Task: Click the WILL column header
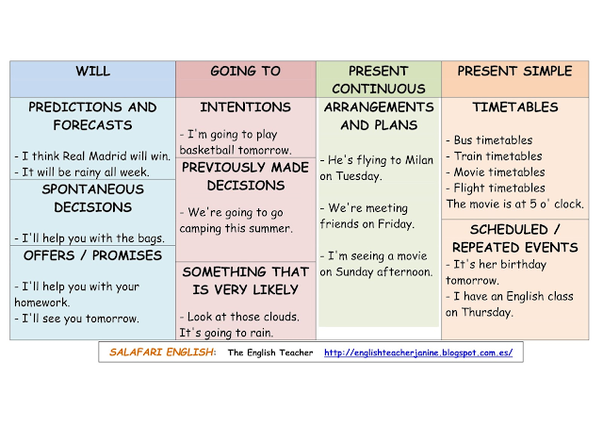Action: click(92, 72)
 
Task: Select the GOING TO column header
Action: click(245, 72)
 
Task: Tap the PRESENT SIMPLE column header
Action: click(514, 72)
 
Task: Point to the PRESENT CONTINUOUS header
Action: click(378, 80)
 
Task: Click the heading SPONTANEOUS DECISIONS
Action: click(92, 198)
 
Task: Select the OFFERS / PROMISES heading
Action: click(92, 255)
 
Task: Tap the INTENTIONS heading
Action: click(245, 107)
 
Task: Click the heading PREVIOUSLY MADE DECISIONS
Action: click(245, 176)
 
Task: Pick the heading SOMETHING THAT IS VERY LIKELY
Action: click(245, 280)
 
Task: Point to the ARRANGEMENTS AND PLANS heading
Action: click(378, 116)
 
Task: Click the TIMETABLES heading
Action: click(514, 107)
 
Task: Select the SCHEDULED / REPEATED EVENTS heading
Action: click(514, 238)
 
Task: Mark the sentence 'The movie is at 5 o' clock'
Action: click(514, 204)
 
